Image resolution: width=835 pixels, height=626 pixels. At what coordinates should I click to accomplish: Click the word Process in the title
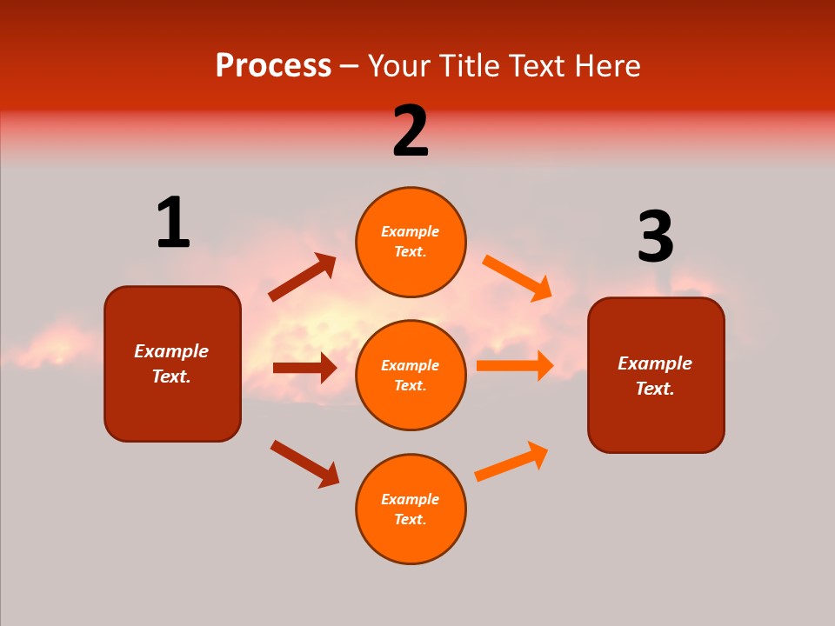[x=273, y=66]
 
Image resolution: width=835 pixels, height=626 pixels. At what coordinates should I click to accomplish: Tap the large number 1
[x=173, y=223]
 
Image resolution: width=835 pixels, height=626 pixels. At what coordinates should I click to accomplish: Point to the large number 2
[x=411, y=131]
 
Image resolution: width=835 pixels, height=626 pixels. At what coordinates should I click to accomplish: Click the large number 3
[x=655, y=237]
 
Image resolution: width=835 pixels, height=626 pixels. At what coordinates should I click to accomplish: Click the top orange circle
[x=411, y=242]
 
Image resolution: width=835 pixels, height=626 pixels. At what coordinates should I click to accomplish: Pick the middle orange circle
[x=411, y=375]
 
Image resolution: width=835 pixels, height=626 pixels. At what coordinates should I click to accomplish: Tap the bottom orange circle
[x=411, y=509]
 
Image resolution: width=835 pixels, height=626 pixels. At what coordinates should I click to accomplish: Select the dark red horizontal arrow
[x=304, y=368]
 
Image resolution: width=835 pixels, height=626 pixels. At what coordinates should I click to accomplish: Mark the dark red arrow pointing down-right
[x=304, y=463]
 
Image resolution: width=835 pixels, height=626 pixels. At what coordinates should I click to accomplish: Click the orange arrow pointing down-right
[x=518, y=277]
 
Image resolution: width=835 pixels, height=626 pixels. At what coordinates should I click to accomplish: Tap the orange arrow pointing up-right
[x=511, y=462]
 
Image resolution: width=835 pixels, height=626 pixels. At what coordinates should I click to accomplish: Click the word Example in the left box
[x=171, y=351]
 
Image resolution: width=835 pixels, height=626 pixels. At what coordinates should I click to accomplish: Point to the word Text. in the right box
[x=655, y=389]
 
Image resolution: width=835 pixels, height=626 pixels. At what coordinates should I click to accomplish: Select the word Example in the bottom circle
[x=410, y=499]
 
